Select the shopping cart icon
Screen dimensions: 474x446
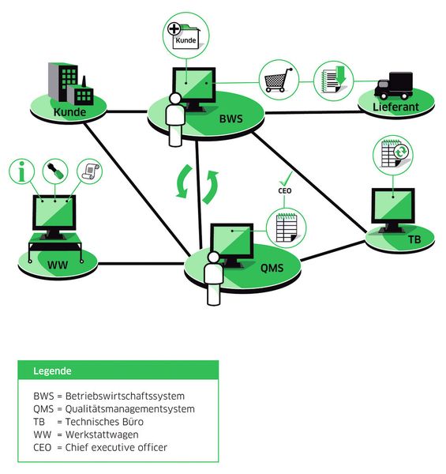279,80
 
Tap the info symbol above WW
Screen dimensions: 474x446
24,171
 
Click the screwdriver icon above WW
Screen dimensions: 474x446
58,171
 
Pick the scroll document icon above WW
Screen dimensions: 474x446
91,171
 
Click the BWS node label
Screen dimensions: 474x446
231,120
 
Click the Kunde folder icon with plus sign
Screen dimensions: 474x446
185,36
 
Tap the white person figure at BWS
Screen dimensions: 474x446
174,119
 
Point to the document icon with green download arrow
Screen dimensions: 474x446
332,81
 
